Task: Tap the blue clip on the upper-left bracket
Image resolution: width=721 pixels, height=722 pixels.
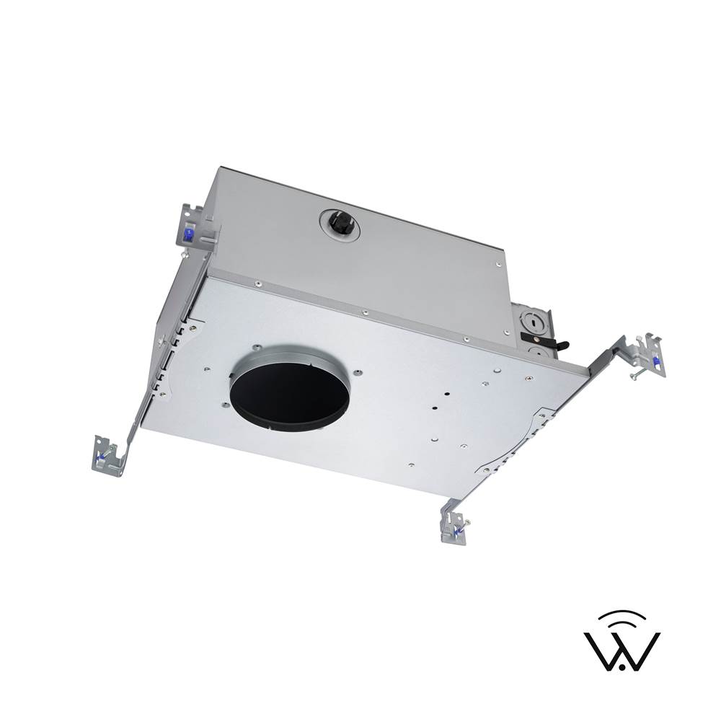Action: click(187, 234)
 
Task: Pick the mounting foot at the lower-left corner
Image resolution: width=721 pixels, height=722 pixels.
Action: click(110, 455)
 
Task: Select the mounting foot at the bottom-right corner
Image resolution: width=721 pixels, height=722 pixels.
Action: click(456, 527)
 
